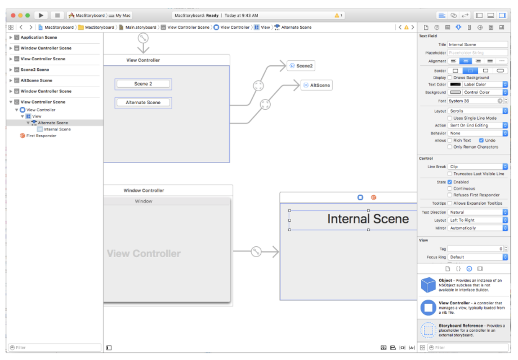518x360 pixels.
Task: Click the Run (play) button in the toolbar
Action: click(41, 15)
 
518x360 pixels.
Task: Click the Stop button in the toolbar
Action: click(57, 15)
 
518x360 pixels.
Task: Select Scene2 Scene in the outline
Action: click(34, 70)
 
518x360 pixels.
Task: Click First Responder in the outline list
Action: click(41, 136)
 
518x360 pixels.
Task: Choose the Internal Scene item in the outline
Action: click(57, 129)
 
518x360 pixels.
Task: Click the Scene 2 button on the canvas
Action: click(143, 84)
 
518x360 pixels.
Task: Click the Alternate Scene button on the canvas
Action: click(143, 102)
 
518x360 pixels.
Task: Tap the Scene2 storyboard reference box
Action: click(301, 66)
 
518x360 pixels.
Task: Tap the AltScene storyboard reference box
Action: click(316, 85)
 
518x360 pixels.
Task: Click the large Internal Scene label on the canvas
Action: click(368, 219)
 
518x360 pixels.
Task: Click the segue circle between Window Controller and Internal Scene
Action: click(256, 252)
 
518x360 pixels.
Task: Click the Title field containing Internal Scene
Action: click(477, 44)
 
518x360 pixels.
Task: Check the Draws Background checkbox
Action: click(450, 78)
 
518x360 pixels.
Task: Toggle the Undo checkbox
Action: click(481, 140)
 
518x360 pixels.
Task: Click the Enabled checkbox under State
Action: click(450, 182)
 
